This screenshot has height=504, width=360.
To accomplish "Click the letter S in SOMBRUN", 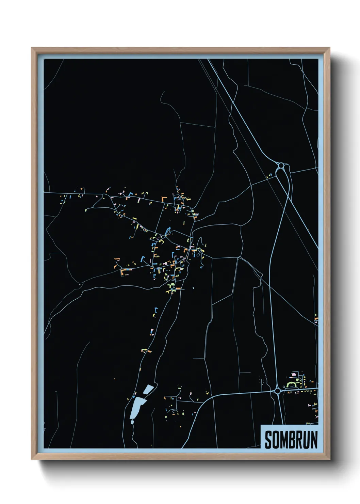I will coord(268,440).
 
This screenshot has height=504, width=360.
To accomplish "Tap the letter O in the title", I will coord(276,440).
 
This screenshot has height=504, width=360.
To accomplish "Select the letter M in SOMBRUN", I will coord(284,440).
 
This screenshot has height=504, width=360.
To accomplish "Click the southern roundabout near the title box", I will coord(278,391).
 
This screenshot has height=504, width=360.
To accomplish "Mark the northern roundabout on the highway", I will coord(281,166).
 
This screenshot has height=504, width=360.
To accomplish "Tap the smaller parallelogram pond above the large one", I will coord(148,389).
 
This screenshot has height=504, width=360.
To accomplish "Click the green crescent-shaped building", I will coord(292,384).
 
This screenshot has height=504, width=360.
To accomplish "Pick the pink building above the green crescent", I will coord(294,375).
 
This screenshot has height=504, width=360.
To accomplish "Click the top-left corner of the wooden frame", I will coord(32,48).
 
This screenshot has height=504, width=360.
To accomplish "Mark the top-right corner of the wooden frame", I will coord(329,48).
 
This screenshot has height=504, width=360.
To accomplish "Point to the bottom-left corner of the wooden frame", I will coord(32,459).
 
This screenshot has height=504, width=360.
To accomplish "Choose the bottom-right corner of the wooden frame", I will coord(329,459).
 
